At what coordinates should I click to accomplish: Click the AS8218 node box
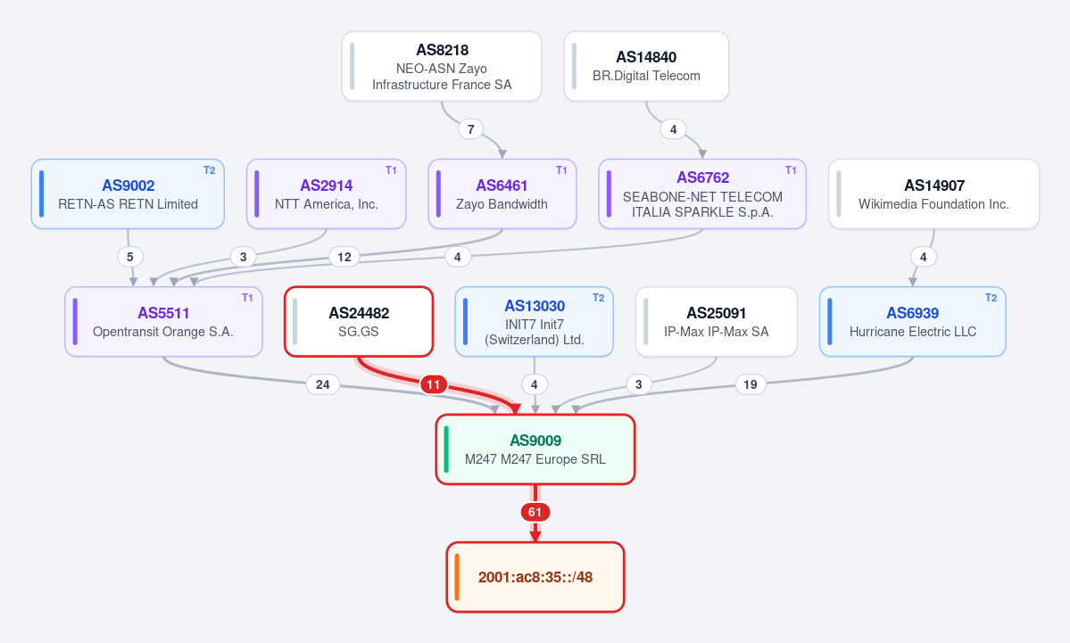442,66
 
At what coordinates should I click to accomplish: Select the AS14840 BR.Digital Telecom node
646,66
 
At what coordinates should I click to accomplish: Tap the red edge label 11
434,384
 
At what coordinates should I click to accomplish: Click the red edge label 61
535,512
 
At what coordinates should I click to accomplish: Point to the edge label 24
323,384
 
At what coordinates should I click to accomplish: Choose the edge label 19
750,384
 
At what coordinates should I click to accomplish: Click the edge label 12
344,257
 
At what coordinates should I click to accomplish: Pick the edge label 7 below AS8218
470,129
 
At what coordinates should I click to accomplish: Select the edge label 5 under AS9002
129,257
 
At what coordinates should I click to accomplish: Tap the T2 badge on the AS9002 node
210,170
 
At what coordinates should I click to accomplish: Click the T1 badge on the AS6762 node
791,170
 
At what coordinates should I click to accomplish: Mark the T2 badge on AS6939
991,298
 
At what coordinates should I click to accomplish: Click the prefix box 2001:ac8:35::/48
535,577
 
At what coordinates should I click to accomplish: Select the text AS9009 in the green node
535,441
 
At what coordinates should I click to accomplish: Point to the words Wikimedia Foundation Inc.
933,204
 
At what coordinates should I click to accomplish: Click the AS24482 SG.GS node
359,321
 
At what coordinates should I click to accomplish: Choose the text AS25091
717,313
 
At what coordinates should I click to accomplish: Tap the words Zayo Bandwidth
502,204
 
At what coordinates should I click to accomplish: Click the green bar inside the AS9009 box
446,449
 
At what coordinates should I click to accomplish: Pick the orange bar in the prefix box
457,577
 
